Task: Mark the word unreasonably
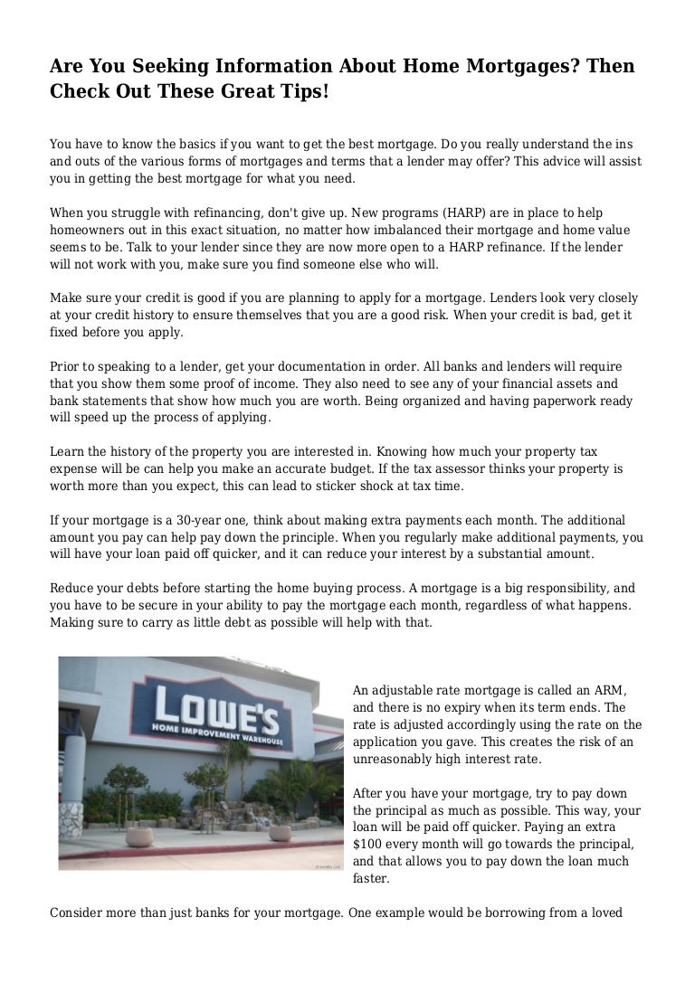point(395,758)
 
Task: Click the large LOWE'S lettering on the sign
point(215,711)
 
